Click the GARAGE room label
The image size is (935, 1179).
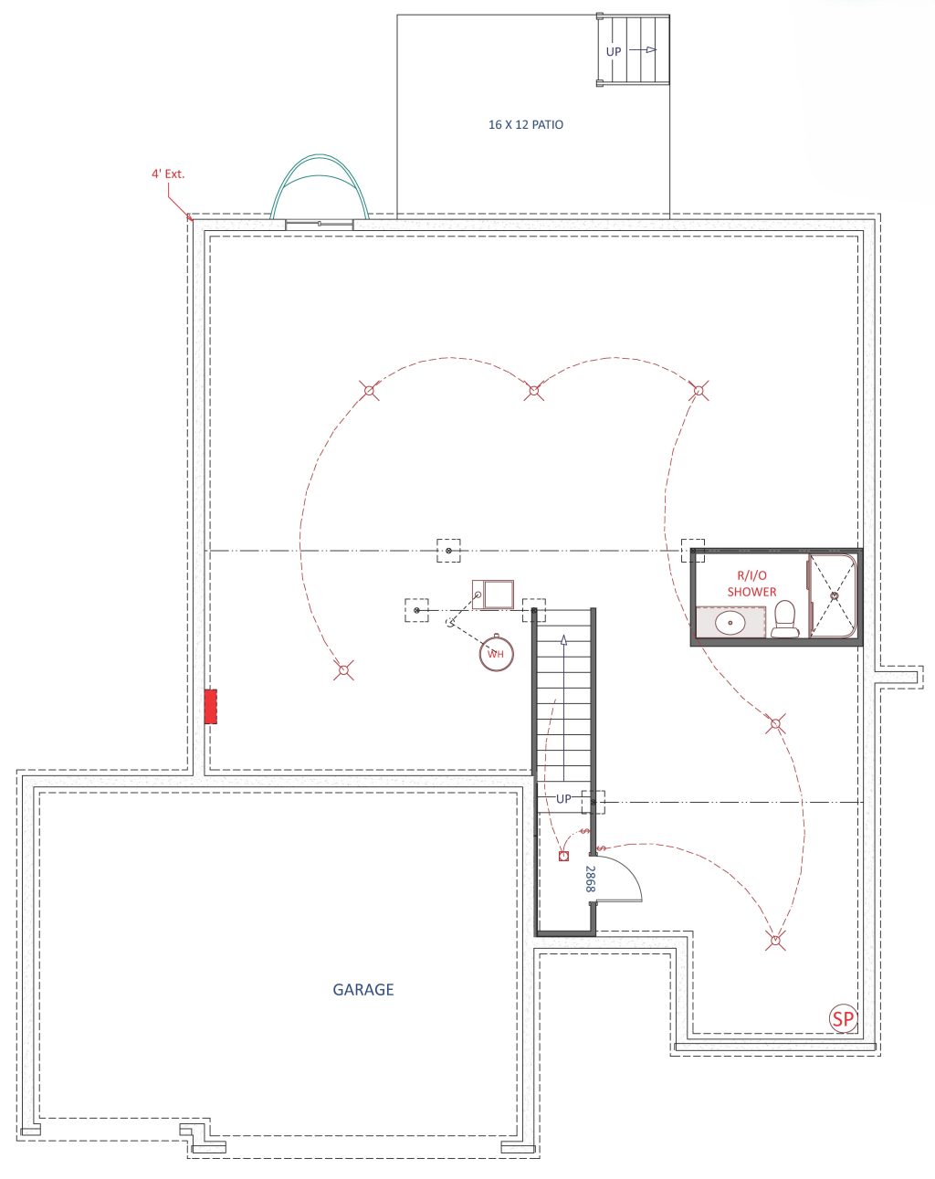click(363, 989)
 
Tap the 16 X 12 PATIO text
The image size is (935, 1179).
click(525, 125)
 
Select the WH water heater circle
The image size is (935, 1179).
click(496, 653)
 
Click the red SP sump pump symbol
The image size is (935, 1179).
click(843, 1018)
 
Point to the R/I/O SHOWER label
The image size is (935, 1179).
click(751, 584)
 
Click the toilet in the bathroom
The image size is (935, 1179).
click(785, 618)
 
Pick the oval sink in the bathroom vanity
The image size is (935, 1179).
click(730, 623)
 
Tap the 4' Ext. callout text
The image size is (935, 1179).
click(168, 174)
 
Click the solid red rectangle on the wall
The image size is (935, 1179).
click(210, 706)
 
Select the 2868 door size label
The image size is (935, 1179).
click(590, 879)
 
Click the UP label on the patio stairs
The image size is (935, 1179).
click(614, 51)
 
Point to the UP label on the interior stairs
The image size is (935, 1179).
click(563, 799)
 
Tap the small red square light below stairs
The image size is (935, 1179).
click(563, 857)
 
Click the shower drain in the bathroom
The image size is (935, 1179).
click(835, 595)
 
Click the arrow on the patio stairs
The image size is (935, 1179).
click(643, 50)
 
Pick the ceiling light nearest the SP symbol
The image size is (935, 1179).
click(775, 940)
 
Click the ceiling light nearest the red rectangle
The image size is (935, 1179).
click(343, 670)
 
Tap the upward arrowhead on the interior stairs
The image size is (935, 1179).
click(563, 639)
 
